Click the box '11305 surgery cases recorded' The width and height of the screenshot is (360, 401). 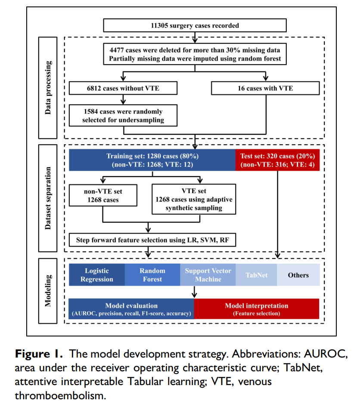coord(195,25)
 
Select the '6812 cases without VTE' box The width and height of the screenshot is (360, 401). coord(123,88)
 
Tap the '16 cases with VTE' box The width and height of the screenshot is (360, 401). coord(265,88)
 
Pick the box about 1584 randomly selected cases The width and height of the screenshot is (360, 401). coord(123,115)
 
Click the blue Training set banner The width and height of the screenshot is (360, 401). coord(152,160)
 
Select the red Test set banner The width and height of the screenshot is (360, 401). coord(277,160)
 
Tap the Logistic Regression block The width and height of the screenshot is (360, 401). coord(97,275)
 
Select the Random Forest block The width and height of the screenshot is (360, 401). coord(152,275)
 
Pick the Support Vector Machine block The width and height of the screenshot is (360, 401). coord(208,275)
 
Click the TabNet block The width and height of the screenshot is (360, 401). coord(256,275)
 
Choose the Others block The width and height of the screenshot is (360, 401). coord(298,275)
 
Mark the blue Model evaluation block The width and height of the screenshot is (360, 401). coord(132,309)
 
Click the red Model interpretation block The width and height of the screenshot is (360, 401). coord(257,309)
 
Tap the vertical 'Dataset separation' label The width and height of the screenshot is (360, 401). coord(48,198)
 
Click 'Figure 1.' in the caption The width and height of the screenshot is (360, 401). coord(39,355)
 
